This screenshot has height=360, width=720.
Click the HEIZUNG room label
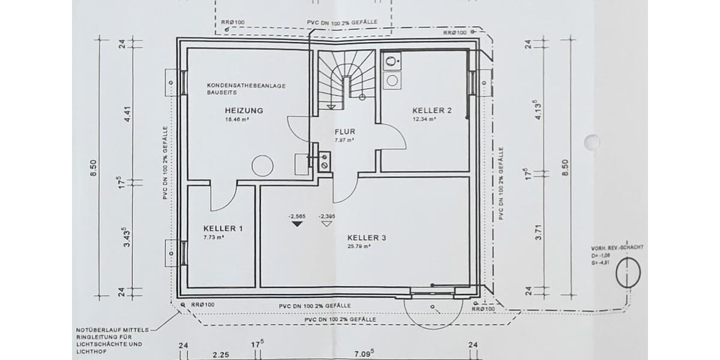pyautogui.click(x=245, y=110)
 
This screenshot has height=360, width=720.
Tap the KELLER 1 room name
pyautogui.click(x=223, y=229)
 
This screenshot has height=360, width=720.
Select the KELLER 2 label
pyautogui.click(x=431, y=110)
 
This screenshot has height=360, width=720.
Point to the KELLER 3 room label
pyautogui.click(x=366, y=238)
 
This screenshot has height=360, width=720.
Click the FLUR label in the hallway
pyautogui.click(x=345, y=132)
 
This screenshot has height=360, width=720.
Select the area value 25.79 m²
pyautogui.click(x=359, y=247)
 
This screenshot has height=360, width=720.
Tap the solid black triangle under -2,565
pyautogui.click(x=296, y=224)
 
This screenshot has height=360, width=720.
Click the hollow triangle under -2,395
pyautogui.click(x=327, y=224)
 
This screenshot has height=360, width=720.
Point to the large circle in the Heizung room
pyautogui.click(x=262, y=166)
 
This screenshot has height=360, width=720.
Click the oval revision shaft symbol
pyautogui.click(x=628, y=273)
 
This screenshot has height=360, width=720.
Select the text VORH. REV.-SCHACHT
pyautogui.click(x=619, y=247)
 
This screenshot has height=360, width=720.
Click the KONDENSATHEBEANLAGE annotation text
pyautogui.click(x=246, y=86)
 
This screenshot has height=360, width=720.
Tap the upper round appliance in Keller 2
pyautogui.click(x=392, y=61)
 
